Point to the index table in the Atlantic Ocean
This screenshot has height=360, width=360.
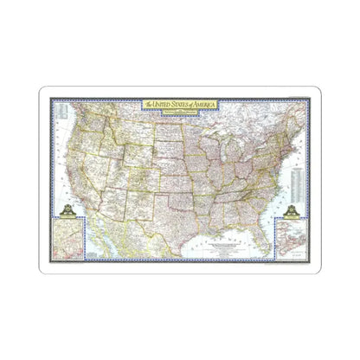[x=296, y=172]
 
